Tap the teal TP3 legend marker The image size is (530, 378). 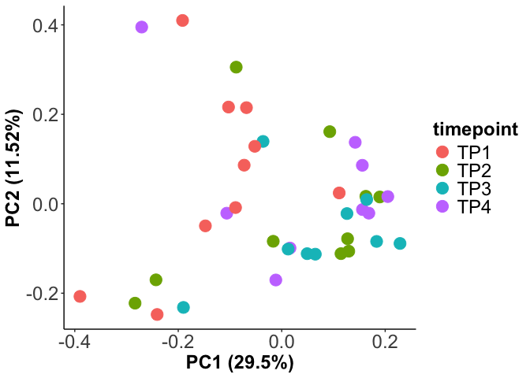coord(442,188)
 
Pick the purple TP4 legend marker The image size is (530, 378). coord(442,206)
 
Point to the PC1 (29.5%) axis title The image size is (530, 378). coord(240,363)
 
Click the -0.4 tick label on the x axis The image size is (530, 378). coord(73,341)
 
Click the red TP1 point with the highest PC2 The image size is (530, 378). coord(182,20)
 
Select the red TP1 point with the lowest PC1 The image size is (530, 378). coord(80,296)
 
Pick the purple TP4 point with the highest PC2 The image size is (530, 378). coord(141,27)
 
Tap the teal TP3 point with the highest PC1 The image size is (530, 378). coord(400,243)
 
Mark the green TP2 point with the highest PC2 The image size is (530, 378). coord(236,67)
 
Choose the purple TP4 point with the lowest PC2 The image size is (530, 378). coord(275,280)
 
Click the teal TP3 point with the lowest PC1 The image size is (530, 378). coord(183,307)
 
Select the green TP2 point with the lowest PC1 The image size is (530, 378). coord(135,303)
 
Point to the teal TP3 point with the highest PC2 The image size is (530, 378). coord(263,142)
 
